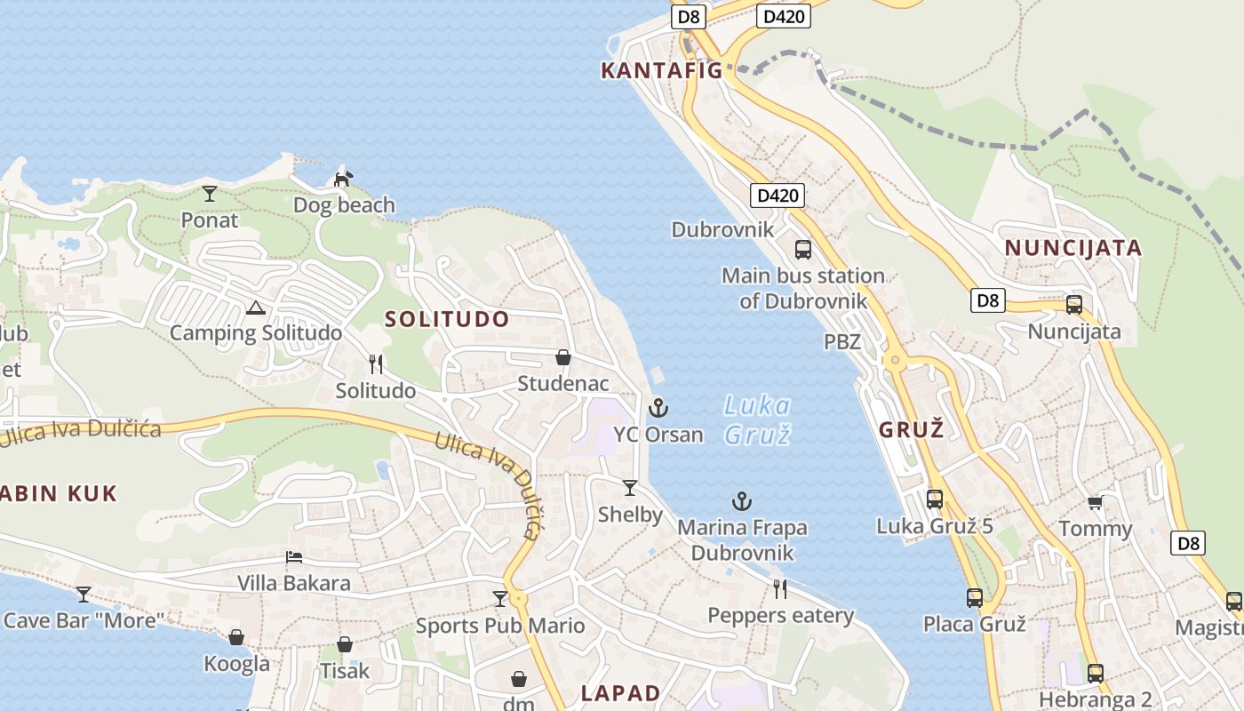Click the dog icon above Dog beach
pos(343,179)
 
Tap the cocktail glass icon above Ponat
pos(210,193)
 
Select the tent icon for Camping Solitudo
pos(256,308)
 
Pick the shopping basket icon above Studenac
pos(563,357)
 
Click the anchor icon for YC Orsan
pos(658,408)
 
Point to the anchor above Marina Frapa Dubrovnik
pos(742,501)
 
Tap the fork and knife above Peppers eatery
pos(780,588)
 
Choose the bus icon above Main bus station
pos(803,249)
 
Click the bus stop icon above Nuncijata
pos(1074,305)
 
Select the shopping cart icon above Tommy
pos(1096,503)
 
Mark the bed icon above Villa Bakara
pos(294,557)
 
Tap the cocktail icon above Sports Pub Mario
pos(500,599)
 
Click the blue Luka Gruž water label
pos(756,419)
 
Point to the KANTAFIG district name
pos(662,71)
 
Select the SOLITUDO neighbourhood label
pos(448,319)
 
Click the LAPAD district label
pos(621,693)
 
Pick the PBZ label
pos(842,341)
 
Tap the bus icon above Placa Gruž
pos(975,598)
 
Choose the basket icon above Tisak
pos(345,644)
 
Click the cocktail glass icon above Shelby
pos(630,487)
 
